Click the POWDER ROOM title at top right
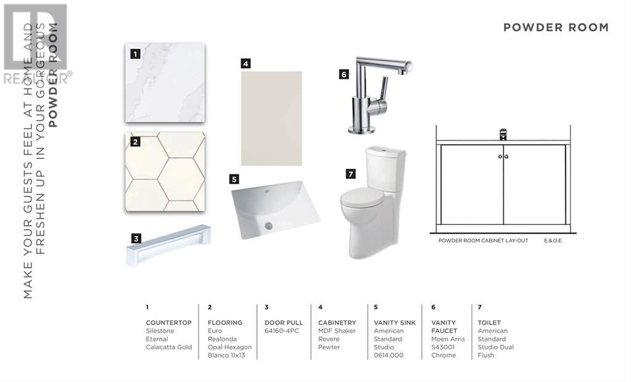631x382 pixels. pos(556,27)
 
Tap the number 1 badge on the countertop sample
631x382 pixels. pos(136,54)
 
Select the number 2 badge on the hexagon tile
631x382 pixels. pos(136,142)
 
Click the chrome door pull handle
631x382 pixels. pos(168,244)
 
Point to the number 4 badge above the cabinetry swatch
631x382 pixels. pos(245,63)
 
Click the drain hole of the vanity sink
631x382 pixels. pos(268,226)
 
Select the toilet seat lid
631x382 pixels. pos(361,197)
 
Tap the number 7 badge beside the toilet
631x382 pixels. pos(350,174)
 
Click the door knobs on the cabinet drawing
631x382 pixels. pos(503,156)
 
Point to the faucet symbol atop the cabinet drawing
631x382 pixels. pos(503,134)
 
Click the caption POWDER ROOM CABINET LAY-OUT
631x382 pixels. pos(483,240)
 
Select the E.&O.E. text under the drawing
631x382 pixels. pos(553,240)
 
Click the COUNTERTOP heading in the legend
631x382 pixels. pos(168,322)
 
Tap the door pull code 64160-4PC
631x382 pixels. pos(282,331)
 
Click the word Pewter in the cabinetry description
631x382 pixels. pos(329,347)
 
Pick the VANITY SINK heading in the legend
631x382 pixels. pos(394,322)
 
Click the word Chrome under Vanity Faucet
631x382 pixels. pos(443,355)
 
